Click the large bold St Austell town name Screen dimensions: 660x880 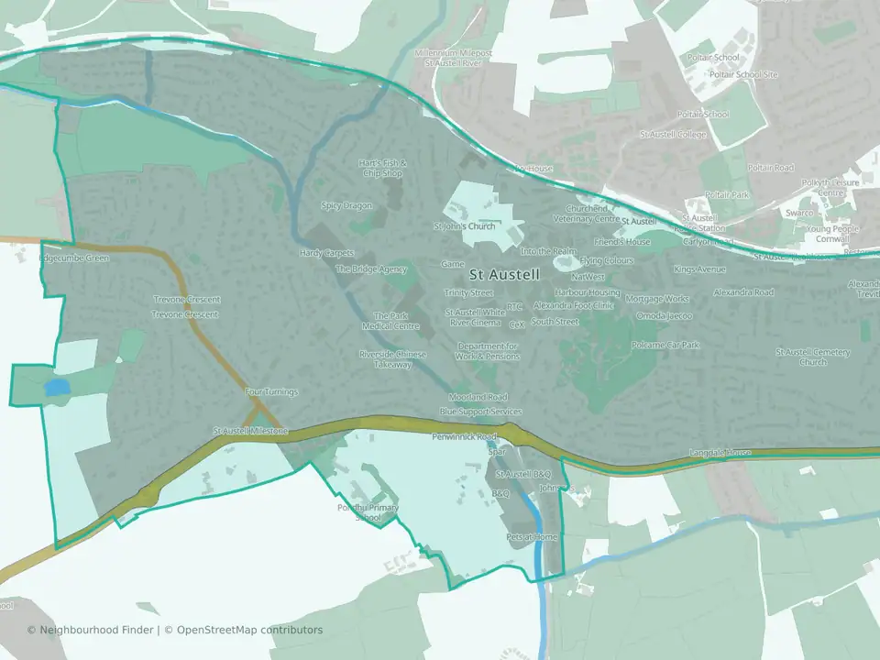(504, 274)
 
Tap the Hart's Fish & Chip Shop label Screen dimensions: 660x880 (382, 168)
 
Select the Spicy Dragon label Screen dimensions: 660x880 (346, 205)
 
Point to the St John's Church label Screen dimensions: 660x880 (464, 225)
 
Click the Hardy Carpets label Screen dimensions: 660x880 (325, 253)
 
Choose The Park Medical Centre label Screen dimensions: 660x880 (390, 321)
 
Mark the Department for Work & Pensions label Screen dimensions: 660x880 (488, 351)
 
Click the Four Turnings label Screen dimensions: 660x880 (271, 392)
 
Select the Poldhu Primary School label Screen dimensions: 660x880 (367, 512)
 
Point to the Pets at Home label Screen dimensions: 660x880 (532, 536)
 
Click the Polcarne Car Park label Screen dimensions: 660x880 (665, 346)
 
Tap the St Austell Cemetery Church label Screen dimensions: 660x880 (813, 357)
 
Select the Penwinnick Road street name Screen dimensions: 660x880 (464, 437)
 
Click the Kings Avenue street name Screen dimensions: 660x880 (699, 269)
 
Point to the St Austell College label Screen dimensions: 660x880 (673, 135)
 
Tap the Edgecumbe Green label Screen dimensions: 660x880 (73, 258)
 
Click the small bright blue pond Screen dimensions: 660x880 (57, 389)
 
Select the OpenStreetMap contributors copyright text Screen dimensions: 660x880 (249, 630)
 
